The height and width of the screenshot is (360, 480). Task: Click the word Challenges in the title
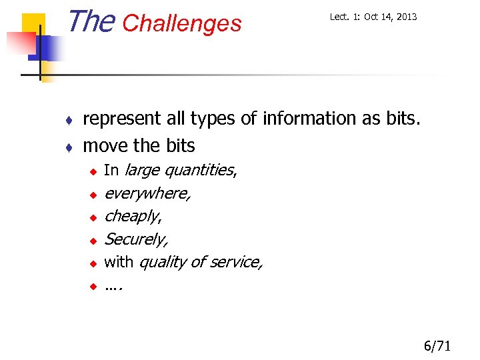(x=182, y=23)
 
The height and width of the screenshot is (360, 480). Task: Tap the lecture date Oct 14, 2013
(x=389, y=17)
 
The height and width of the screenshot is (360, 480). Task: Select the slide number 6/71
(x=437, y=345)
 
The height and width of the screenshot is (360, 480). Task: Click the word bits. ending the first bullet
(x=403, y=119)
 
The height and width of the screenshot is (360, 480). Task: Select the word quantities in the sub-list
(x=199, y=171)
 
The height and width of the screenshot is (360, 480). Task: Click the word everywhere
(x=147, y=193)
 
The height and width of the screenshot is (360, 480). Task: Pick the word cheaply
(x=133, y=217)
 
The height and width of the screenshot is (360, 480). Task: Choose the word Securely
(x=136, y=239)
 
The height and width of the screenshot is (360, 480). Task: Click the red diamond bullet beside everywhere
(x=94, y=195)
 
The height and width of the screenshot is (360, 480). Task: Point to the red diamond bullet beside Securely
(x=94, y=240)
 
